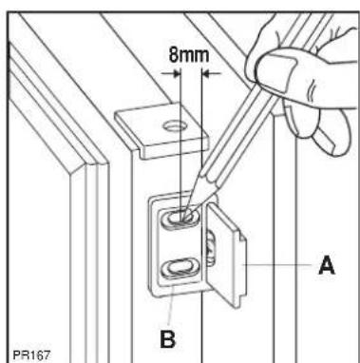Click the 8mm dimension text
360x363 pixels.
point(189,55)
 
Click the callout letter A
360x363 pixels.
point(326,265)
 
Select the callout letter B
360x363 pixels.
point(168,339)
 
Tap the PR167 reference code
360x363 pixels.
point(31,354)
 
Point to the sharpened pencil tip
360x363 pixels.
point(183,217)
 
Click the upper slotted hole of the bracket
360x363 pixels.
point(180,219)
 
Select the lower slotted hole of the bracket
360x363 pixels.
point(180,268)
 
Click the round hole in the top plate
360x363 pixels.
point(175,126)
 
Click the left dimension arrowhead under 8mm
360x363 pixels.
point(177,74)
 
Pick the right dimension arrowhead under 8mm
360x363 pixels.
point(205,74)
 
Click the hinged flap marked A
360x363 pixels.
point(226,255)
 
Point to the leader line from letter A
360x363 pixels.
point(277,264)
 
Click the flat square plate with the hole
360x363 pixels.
point(162,129)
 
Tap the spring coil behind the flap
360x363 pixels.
point(211,247)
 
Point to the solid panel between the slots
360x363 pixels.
point(180,243)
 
